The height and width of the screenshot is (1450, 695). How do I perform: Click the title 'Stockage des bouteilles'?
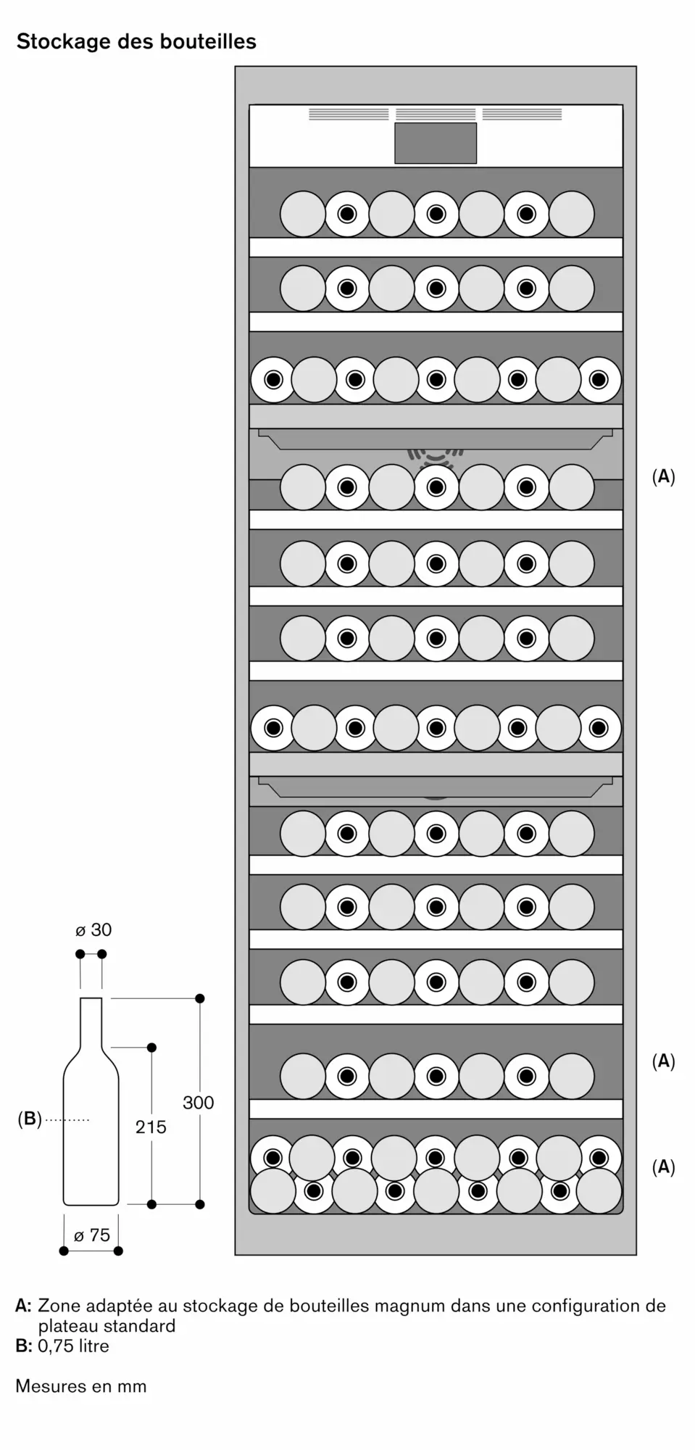[x=136, y=42]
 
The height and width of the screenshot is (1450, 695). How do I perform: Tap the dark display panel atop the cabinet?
[x=436, y=143]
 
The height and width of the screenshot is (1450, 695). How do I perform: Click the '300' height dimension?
[x=198, y=1103]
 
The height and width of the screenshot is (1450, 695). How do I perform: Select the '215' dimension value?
[x=151, y=1127]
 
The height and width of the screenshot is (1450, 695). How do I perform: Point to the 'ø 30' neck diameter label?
[x=93, y=929]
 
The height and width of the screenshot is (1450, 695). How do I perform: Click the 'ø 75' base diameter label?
[x=92, y=1235]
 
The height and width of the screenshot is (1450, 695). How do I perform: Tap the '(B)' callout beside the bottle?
[x=30, y=1119]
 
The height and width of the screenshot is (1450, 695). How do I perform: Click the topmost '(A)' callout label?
[x=663, y=476]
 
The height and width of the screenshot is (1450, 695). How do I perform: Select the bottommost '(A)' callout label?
[x=663, y=1167]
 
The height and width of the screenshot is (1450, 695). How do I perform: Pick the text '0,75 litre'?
[x=74, y=1346]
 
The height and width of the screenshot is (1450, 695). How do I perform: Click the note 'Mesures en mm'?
[x=81, y=1386]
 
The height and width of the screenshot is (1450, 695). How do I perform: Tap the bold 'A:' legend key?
[x=24, y=1306]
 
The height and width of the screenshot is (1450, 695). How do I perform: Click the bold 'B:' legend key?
[x=24, y=1346]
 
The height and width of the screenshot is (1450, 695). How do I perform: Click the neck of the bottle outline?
[x=91, y=1022]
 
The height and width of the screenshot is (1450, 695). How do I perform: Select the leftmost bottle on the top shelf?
[x=302, y=214]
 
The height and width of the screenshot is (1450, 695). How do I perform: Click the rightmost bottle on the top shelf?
[x=572, y=214]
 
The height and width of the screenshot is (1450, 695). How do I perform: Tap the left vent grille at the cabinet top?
[x=349, y=114]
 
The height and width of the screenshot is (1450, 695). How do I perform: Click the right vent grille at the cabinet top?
[x=522, y=114]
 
